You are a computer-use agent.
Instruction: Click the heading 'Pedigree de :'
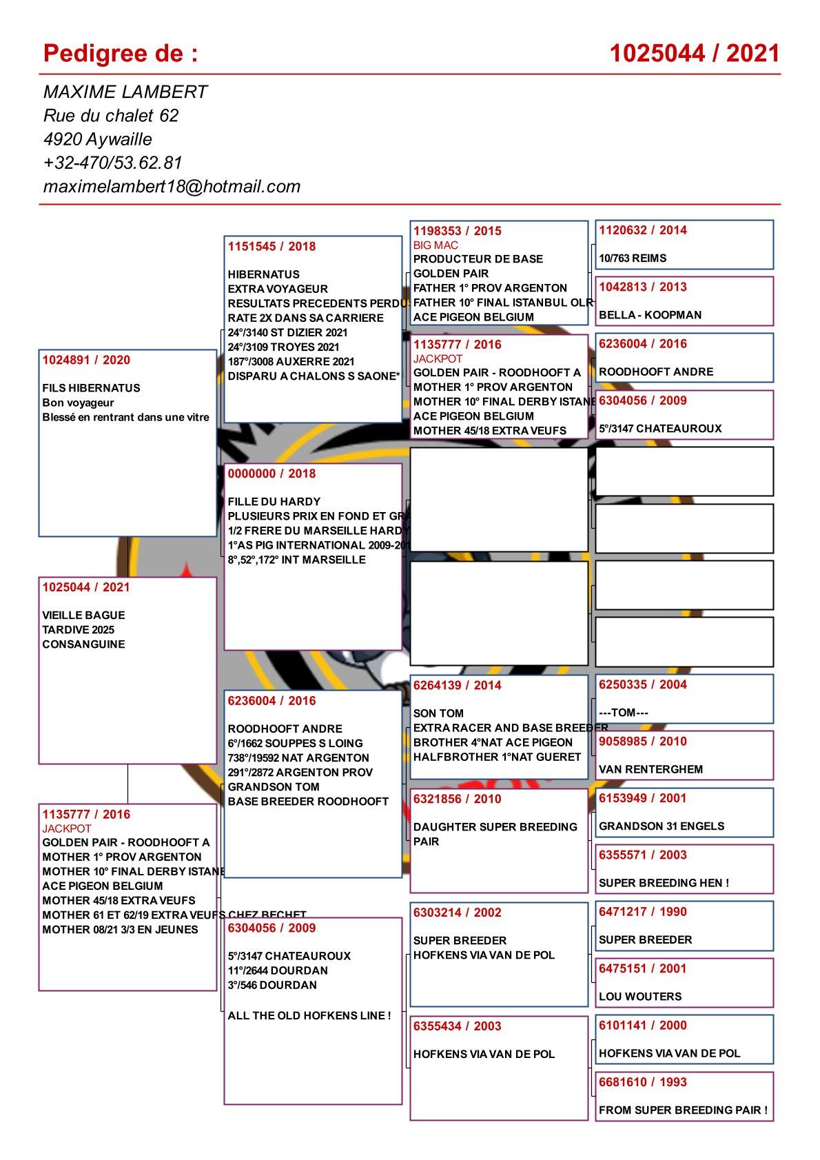[x=121, y=53]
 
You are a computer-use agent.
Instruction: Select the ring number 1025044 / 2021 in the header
[x=695, y=53]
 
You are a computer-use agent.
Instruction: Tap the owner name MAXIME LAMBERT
[x=125, y=92]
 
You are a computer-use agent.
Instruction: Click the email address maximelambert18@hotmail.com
[x=172, y=186]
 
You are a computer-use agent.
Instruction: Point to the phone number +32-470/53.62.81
[x=112, y=163]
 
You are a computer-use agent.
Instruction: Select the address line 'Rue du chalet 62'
[x=111, y=115]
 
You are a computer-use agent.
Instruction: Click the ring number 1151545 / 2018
[x=271, y=246]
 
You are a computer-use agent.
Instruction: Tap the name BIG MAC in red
[x=435, y=245]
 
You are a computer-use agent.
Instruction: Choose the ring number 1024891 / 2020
[x=86, y=360]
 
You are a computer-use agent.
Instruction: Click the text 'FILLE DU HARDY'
[x=274, y=502]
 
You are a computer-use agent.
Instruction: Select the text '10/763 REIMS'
[x=633, y=258]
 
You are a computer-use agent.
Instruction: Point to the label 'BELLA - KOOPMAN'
[x=650, y=315]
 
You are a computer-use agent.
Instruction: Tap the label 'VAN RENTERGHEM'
[x=650, y=769]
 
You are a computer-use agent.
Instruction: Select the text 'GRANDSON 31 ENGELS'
[x=652, y=826]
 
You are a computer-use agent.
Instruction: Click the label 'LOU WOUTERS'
[x=640, y=996]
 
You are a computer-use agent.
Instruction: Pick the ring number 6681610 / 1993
[x=643, y=1081]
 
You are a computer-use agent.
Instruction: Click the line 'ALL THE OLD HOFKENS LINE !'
[x=309, y=1015]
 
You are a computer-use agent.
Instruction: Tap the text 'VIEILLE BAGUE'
[x=83, y=615]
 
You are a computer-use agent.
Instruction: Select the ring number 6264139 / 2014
[x=458, y=685]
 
